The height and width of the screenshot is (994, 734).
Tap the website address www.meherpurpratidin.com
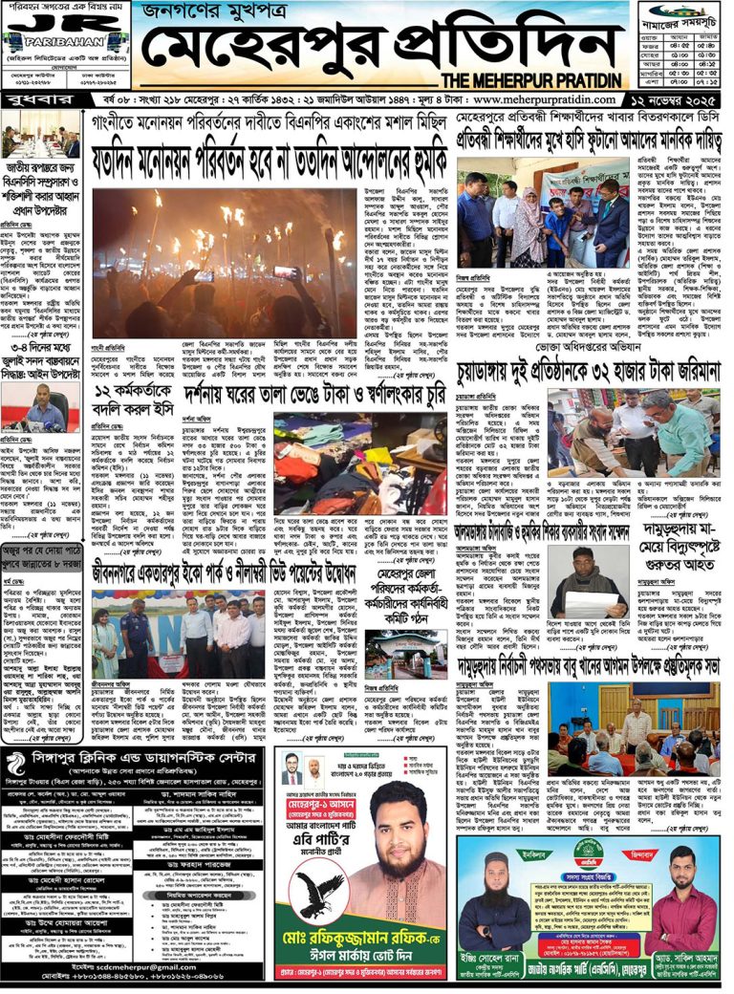549,99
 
